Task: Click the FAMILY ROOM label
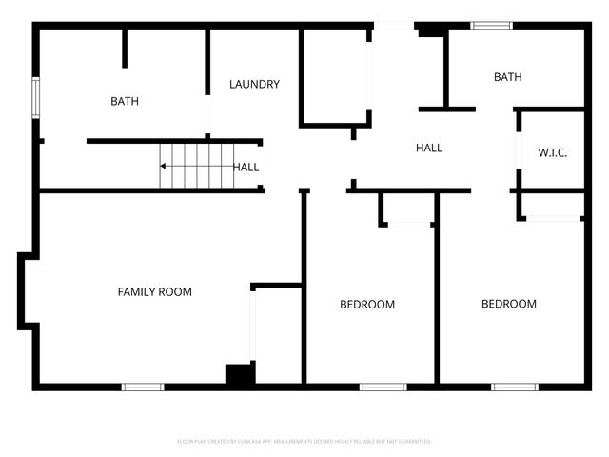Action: point(154,291)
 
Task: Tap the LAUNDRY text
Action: point(254,84)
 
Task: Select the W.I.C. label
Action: point(552,152)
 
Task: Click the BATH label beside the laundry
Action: point(125,101)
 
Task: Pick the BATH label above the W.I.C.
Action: point(507,77)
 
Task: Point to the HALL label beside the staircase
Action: point(246,167)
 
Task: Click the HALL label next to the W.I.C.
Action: point(429,148)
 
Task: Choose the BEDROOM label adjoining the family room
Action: point(367,305)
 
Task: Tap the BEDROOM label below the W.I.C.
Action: point(508,304)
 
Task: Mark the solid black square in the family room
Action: point(240,374)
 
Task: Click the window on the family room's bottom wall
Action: point(143,387)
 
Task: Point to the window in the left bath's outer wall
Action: point(36,98)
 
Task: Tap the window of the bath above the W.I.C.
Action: point(492,26)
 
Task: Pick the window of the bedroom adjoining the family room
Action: point(383,387)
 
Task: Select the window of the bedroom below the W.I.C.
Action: point(515,387)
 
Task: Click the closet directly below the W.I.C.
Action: point(553,205)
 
